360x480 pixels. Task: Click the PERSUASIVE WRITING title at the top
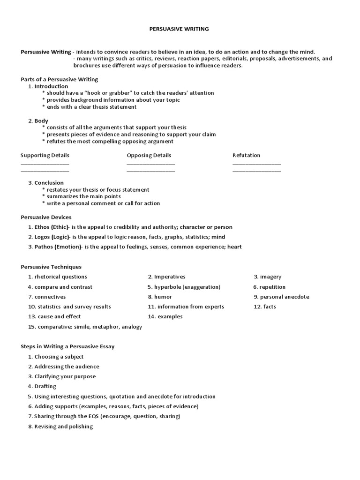[x=179, y=29]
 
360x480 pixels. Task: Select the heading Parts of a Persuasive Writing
[x=59, y=79]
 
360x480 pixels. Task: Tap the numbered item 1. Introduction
[x=48, y=86]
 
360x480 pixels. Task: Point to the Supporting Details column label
[x=45, y=155]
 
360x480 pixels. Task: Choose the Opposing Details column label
[x=149, y=155]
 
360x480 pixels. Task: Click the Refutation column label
[x=246, y=155]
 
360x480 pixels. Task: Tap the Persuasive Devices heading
[x=46, y=217]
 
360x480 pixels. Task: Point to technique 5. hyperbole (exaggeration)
[x=184, y=287]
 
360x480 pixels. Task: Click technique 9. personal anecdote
[x=281, y=297]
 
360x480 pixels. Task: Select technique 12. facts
[x=265, y=307]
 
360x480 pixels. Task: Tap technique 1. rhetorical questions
[x=57, y=277]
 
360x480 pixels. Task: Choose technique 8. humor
[x=160, y=297]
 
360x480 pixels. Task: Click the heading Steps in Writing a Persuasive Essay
[x=67, y=346]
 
